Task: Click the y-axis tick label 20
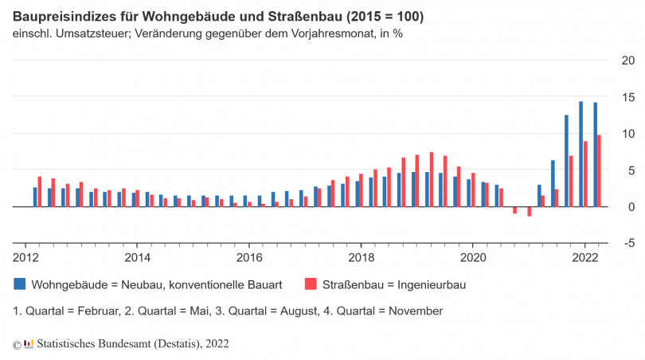click(627, 61)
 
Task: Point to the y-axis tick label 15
click(627, 97)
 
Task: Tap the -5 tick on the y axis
click(627, 244)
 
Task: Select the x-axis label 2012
click(25, 257)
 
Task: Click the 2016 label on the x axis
click(249, 257)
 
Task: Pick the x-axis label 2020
click(473, 257)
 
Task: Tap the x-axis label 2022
click(585, 257)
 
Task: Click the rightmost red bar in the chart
click(599, 170)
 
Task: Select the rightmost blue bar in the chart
click(595, 155)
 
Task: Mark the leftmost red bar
click(39, 191)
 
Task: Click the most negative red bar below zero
click(529, 211)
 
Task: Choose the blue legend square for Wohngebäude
click(19, 284)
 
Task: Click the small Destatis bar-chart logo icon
click(29, 342)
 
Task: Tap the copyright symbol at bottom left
click(17, 343)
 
